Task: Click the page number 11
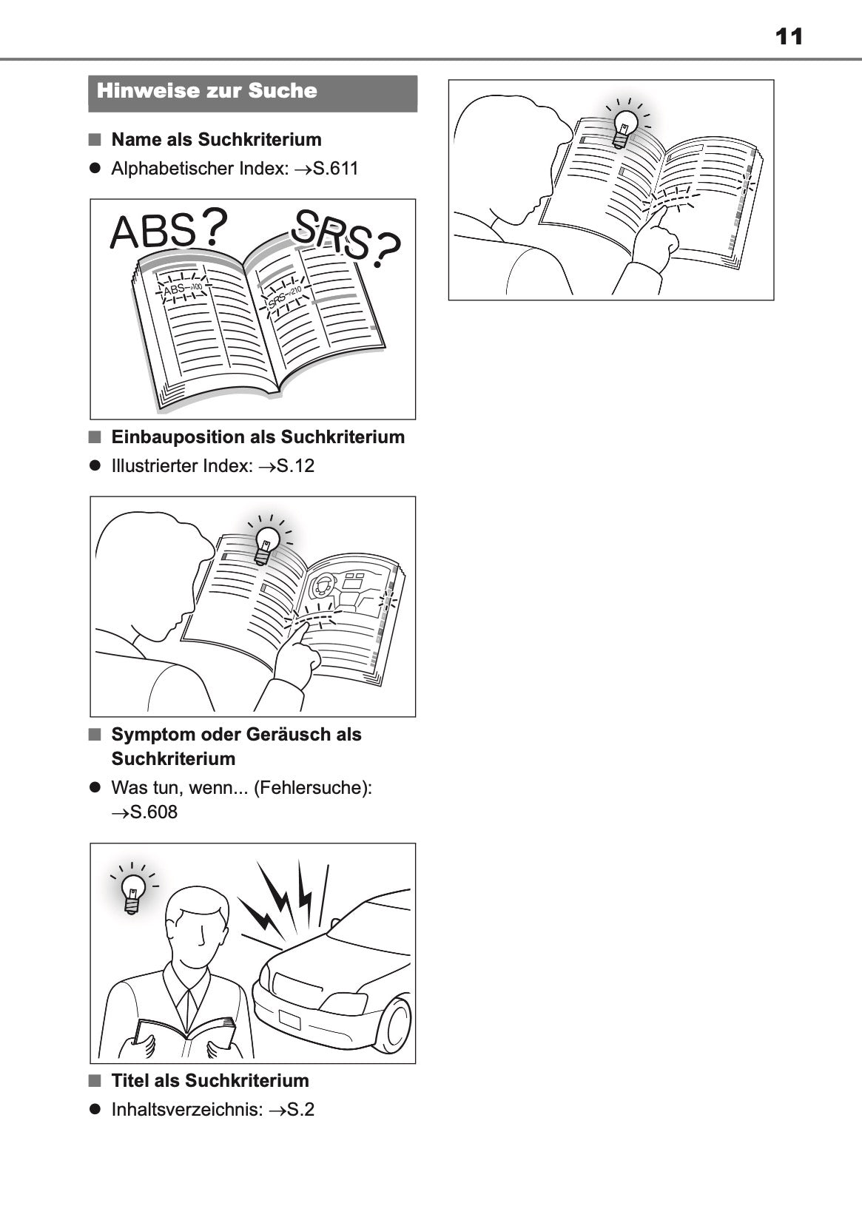coord(789,37)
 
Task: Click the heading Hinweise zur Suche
coord(207,90)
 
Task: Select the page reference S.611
coord(336,168)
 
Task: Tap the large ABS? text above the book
coord(169,230)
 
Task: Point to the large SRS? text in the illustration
coord(346,239)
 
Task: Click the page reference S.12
coord(295,465)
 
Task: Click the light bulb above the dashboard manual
coord(267,545)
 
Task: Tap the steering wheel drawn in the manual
coord(320,586)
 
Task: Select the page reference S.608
coord(154,812)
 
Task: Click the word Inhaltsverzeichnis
coord(187,1110)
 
